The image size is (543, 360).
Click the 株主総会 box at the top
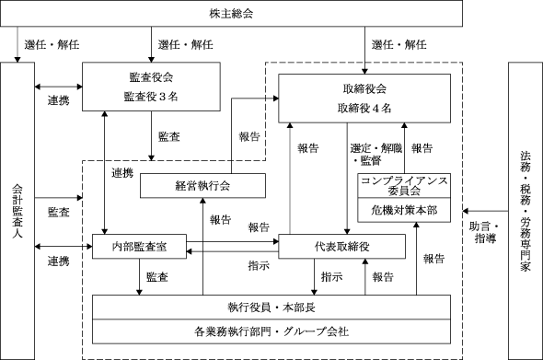(x=231, y=14)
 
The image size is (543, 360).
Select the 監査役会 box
(x=151, y=87)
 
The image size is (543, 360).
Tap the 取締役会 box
(x=364, y=99)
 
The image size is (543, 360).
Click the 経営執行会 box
(x=202, y=186)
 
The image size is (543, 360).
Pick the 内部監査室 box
(x=139, y=247)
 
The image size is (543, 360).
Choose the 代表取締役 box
(x=341, y=247)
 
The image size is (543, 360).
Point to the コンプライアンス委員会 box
(x=404, y=186)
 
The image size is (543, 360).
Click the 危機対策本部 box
(x=404, y=210)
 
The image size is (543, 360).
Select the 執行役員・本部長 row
(x=271, y=308)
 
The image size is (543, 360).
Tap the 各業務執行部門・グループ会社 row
(x=271, y=331)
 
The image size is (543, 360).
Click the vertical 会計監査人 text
(x=17, y=211)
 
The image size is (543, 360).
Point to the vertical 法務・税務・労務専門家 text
(x=526, y=211)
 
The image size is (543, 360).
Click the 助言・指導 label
(x=485, y=233)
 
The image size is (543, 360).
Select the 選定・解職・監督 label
(x=376, y=154)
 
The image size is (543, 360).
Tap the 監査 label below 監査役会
(x=169, y=136)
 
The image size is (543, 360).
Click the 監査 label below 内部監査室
(x=157, y=277)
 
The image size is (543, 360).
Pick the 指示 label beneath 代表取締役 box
(x=331, y=277)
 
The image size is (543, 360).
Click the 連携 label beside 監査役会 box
(x=59, y=100)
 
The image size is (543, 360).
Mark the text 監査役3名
(x=151, y=97)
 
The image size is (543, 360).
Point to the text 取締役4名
(x=364, y=108)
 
